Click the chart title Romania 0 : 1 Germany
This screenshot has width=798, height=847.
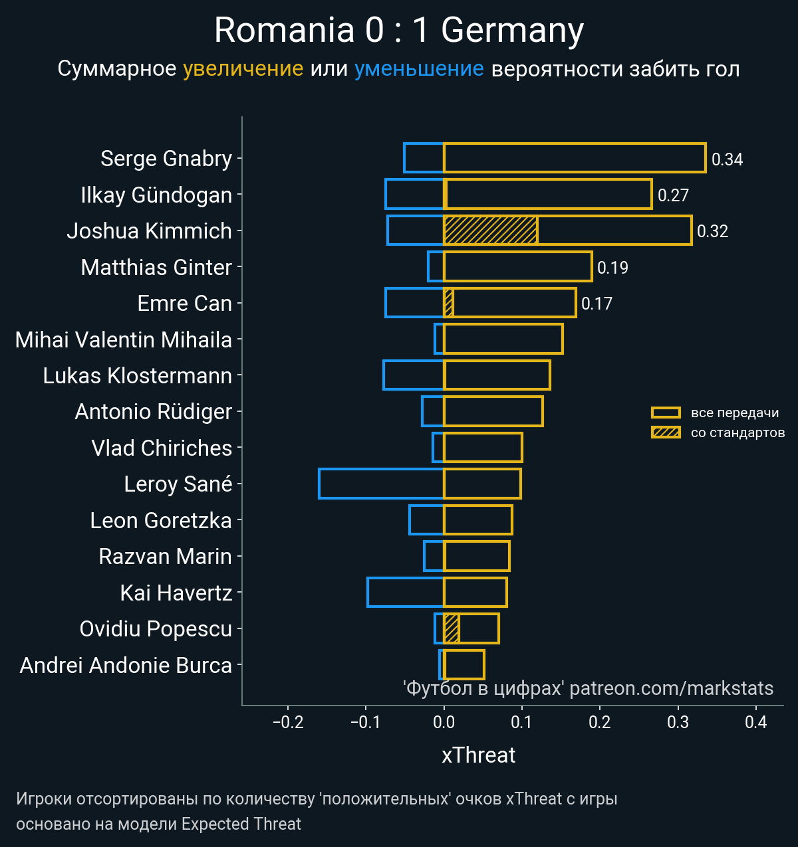pos(399,31)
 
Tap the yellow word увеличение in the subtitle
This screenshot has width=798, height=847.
pos(243,68)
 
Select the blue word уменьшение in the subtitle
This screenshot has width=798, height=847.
pos(419,68)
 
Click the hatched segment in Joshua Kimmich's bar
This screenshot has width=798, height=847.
pos(490,231)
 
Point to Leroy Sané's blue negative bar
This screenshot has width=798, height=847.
pos(381,484)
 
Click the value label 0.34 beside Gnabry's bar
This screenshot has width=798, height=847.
pos(727,159)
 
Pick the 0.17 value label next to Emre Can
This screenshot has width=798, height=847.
pos(597,304)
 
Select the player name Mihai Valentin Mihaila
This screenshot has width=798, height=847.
pos(124,339)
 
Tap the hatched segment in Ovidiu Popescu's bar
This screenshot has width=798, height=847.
pos(451,628)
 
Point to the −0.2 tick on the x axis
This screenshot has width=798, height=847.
pos(288,722)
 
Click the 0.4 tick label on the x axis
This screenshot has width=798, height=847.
pos(756,722)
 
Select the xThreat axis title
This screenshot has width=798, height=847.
pos(478,755)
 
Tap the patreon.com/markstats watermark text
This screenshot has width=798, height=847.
pos(671,688)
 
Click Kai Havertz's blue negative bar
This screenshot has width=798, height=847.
pos(405,592)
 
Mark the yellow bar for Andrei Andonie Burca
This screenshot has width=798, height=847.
pos(464,664)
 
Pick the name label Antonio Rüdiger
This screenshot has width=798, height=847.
pos(153,412)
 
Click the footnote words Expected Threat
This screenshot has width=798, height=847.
pos(241,824)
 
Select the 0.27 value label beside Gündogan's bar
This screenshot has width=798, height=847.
pos(673,195)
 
